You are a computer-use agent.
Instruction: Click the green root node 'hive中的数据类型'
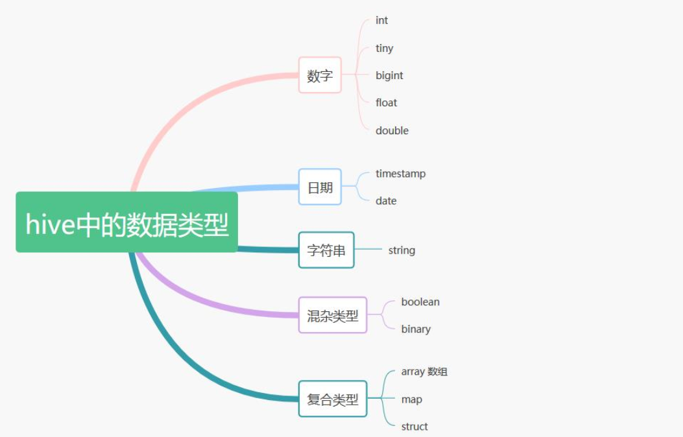coord(126,222)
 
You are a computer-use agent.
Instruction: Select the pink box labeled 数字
coord(320,75)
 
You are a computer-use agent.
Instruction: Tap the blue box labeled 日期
coord(320,187)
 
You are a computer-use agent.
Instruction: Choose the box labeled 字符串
coord(326,250)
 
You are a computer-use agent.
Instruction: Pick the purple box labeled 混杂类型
coord(333,316)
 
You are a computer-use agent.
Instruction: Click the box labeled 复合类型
coord(333,399)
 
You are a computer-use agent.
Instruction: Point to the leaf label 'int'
coord(381,21)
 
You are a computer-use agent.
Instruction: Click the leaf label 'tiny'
coord(384,48)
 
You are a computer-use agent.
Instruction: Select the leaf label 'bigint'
coord(389,75)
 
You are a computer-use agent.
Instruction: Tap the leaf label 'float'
coord(386,102)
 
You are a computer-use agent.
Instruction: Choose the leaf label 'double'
coord(392,130)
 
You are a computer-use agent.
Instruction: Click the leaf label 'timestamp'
coord(400,174)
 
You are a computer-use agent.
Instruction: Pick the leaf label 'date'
coord(385,201)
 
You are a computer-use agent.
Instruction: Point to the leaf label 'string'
coord(401,250)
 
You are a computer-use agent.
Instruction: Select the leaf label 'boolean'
coord(420,301)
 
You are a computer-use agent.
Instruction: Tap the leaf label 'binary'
coord(416,329)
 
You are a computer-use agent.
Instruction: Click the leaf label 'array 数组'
coord(424,372)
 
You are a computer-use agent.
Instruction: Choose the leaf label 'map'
coord(411,399)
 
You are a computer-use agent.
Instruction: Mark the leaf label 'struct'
coord(414,427)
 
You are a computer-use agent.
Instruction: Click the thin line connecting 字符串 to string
coord(368,249)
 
